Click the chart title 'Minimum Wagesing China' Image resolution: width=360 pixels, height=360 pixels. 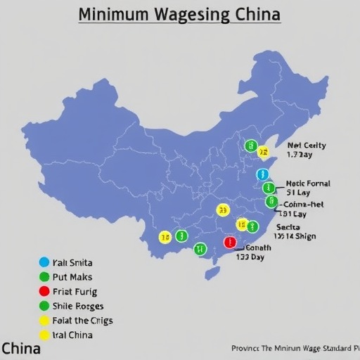[179, 14]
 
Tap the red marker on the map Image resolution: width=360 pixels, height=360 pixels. [229, 243]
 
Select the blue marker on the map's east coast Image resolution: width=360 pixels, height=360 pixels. [263, 174]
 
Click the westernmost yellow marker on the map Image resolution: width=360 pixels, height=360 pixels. [165, 237]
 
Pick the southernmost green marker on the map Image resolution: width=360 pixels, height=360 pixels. [200, 248]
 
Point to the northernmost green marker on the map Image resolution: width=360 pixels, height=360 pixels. [250, 146]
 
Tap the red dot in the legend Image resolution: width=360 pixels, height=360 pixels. [45, 291]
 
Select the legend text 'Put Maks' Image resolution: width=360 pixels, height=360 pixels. [72, 277]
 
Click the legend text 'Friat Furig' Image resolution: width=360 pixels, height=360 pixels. [75, 291]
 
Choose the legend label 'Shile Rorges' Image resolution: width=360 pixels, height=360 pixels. [77, 306]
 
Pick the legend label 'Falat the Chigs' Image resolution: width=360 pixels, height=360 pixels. [82, 320]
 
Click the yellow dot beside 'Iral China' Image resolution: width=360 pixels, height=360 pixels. [45, 335]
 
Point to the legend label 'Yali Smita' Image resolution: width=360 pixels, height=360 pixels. [72, 263]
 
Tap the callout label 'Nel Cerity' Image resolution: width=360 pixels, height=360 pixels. [307, 146]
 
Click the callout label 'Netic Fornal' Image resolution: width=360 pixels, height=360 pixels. [308, 184]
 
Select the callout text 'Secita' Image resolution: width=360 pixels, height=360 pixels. [288, 227]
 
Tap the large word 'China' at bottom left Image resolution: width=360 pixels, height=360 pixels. [21, 348]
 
